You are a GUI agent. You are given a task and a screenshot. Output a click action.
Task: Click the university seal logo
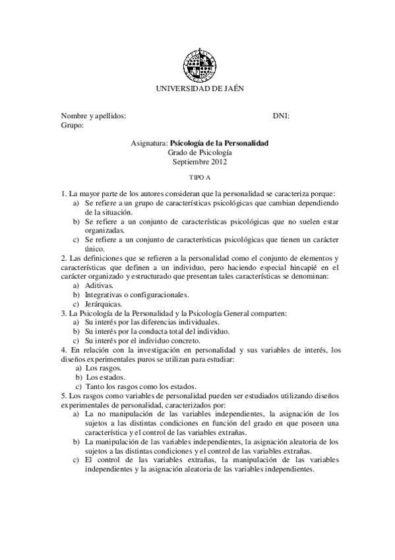click(x=197, y=63)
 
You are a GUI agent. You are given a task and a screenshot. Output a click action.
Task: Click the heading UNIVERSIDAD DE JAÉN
click(x=198, y=89)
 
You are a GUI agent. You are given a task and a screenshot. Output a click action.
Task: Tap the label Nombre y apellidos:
click(x=93, y=115)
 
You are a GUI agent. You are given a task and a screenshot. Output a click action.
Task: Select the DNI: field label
click(x=281, y=115)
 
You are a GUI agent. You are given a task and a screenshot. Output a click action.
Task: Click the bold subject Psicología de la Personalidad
click(x=219, y=143)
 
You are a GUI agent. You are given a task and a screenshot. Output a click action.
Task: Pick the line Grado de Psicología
click(x=198, y=152)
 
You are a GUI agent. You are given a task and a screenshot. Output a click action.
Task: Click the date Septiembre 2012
click(x=198, y=161)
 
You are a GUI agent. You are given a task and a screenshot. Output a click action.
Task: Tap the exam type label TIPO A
click(x=198, y=178)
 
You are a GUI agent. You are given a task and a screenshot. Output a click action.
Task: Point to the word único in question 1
click(x=95, y=249)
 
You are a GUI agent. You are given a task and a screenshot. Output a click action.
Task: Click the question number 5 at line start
click(x=63, y=395)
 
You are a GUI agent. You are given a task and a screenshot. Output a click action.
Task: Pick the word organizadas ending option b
click(x=104, y=230)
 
